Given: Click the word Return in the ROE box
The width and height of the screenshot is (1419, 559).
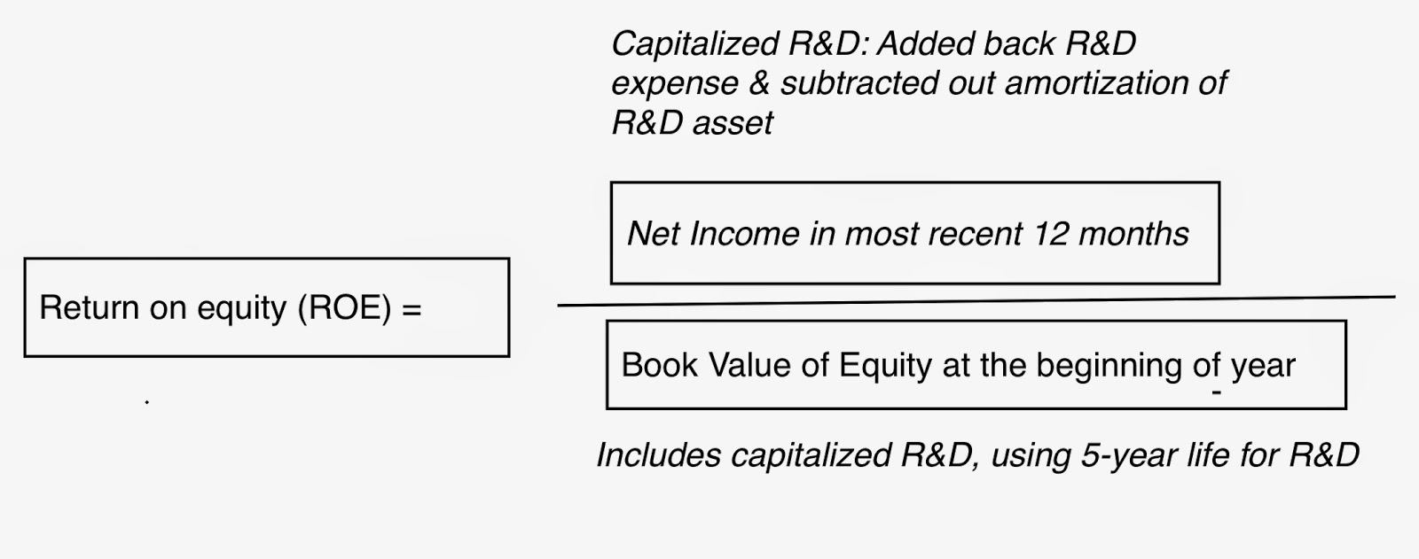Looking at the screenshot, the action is tap(90, 307).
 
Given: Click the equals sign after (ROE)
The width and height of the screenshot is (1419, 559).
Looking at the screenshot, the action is tap(412, 309).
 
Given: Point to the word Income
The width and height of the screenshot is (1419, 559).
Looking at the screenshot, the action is tap(744, 234).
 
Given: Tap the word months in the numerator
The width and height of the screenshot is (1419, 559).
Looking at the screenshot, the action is tap(1133, 234).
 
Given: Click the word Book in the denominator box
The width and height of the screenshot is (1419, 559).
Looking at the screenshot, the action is tap(660, 365).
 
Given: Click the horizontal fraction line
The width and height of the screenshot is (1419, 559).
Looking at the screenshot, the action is tap(976, 301).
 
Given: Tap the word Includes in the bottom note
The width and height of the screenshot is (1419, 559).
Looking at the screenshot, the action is tap(658, 455).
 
